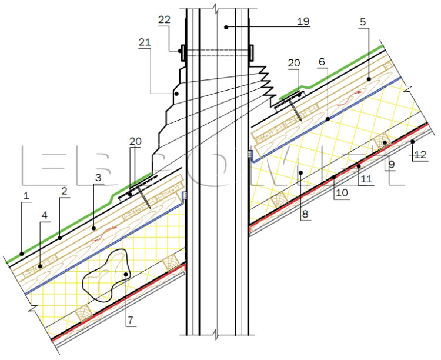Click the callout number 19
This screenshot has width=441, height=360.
(x=303, y=21)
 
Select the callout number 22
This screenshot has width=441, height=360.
(x=164, y=19)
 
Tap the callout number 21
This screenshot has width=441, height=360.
(x=145, y=42)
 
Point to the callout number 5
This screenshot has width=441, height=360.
(x=363, y=22)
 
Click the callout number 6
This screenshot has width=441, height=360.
(x=322, y=62)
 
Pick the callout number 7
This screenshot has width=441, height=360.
(x=130, y=320)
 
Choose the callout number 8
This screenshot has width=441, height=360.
(x=305, y=214)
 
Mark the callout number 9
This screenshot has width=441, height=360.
(x=392, y=164)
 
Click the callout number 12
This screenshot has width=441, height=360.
(x=420, y=155)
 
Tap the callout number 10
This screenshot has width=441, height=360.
(x=342, y=193)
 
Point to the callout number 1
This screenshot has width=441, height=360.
(x=26, y=196)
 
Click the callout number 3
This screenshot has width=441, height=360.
(x=98, y=178)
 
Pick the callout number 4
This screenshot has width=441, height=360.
(x=45, y=215)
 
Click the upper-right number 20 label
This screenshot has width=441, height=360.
(x=294, y=63)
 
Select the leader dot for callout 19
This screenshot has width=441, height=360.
(x=226, y=27)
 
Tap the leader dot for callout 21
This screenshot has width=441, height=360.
(x=176, y=94)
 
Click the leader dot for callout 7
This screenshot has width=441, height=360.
(x=126, y=274)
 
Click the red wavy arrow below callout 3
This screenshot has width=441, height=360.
(x=103, y=234)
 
